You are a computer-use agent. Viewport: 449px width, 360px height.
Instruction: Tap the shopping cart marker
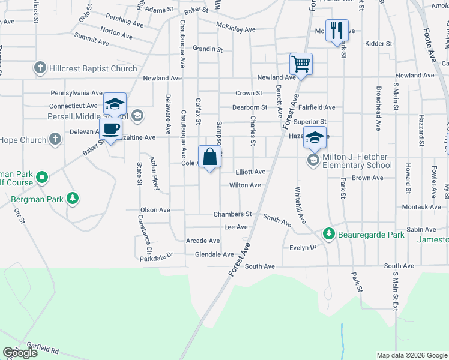coord(301,62)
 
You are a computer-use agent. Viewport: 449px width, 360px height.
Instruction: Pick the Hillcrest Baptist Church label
coord(94,68)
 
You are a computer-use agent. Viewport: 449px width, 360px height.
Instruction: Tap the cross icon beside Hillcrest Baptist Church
coord(40,68)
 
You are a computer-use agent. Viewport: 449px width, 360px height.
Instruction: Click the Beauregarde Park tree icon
coord(328,233)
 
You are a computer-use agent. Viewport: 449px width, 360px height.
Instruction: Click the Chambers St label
coord(232,214)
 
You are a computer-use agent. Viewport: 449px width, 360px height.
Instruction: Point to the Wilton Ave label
coord(245,185)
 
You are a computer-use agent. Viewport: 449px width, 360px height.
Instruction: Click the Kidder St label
coord(378,44)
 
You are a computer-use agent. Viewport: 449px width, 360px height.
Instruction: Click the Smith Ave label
coord(277,221)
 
